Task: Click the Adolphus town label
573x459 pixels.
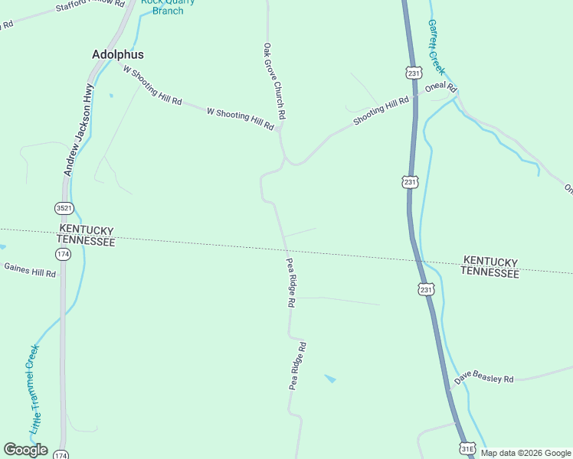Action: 117,55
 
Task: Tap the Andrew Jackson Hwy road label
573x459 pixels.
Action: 78,130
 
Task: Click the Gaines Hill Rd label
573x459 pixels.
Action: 30,270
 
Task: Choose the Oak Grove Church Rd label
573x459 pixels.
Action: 274,80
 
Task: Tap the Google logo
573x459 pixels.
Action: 25,450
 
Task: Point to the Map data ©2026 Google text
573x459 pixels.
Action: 526,453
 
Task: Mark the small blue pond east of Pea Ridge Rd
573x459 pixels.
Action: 330,378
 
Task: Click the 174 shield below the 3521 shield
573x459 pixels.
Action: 63,254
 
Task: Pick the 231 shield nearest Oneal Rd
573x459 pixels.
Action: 413,73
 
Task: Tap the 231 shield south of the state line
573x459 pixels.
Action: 426,289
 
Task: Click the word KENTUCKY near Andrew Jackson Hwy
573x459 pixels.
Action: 86,230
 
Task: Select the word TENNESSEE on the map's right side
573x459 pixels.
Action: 491,272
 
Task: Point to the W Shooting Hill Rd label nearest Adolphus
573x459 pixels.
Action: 152,84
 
